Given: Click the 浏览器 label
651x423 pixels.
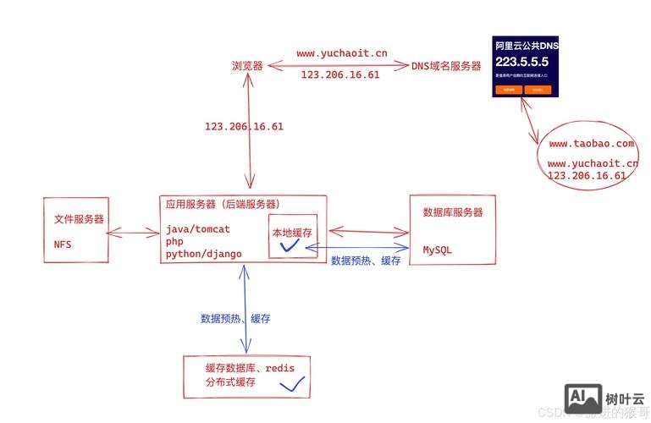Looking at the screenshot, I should coord(246,65).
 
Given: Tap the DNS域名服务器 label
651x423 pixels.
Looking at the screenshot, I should coord(446,66).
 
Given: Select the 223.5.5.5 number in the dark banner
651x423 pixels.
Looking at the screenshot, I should coord(522,62).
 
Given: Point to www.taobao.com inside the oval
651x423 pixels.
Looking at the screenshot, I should coord(591,145).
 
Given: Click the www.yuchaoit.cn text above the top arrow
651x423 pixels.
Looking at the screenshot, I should coord(342,53).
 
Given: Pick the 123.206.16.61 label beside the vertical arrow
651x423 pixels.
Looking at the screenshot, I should coord(244,127).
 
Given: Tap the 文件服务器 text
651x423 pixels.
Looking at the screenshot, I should coord(79,218).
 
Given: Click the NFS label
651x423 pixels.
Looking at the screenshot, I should coord(63,244).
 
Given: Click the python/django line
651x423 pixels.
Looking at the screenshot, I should coord(204,253).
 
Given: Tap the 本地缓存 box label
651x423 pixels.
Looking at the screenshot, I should coord(292,232).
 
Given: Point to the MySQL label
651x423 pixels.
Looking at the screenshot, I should coord(438,250).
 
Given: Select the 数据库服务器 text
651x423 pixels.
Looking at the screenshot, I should coord(451,212).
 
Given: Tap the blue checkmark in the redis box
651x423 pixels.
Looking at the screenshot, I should coord(292,385).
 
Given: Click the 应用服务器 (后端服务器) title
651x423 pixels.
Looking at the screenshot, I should coord(223,204).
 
